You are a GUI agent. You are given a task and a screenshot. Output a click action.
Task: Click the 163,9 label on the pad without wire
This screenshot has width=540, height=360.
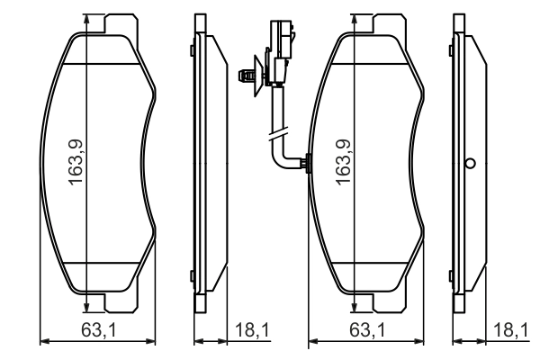click(77, 161)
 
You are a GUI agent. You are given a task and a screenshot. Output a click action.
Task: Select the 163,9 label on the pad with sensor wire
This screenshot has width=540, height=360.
click(343, 161)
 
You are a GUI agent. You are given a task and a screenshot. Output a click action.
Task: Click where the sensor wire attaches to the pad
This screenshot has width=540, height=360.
click(307, 164)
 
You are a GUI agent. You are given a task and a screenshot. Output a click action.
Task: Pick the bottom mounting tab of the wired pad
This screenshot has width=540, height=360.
click(386, 303)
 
